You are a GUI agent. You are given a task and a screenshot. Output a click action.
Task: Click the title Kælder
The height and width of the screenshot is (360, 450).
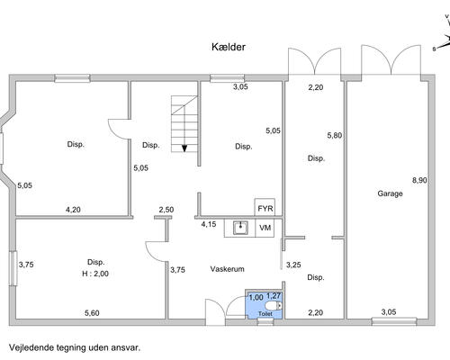coord(229,47)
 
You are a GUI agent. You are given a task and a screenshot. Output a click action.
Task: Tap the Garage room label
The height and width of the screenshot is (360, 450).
coord(390,193)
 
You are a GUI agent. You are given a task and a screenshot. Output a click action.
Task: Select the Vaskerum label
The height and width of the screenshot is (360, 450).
coord(227,269)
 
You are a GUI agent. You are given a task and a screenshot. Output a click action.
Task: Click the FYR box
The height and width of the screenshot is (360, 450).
coord(265,207)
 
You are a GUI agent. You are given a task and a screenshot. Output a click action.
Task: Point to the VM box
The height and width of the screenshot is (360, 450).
coord(265,229)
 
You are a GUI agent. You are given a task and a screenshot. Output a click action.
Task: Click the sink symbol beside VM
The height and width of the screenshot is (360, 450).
coord(240,228)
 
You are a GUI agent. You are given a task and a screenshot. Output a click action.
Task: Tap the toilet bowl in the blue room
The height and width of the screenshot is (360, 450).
coord(274,306)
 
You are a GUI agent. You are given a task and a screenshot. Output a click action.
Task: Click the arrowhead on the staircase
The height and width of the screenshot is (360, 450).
coord(184,148)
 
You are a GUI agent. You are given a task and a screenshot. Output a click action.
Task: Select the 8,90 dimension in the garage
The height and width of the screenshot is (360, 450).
coord(419,180)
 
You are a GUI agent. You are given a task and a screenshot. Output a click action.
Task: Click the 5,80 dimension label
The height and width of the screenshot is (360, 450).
coord(335,135)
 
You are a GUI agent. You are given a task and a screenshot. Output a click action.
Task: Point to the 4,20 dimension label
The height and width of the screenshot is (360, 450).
coord(73,210)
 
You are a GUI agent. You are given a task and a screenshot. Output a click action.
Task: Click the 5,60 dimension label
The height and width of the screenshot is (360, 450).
coord(92,313)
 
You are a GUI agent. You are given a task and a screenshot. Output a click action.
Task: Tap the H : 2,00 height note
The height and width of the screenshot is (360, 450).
coord(95,274)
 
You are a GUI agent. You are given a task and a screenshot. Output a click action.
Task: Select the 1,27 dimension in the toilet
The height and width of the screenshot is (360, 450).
coord(274,296)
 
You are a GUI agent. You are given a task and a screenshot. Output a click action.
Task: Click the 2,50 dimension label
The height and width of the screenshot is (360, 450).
coord(166,210)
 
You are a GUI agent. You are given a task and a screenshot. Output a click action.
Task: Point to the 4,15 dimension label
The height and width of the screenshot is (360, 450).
coord(209,224)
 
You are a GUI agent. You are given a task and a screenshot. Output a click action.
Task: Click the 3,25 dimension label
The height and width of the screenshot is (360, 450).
coord(293,265)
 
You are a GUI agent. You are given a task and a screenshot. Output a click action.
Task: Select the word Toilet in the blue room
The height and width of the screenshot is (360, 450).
coord(265,314)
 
